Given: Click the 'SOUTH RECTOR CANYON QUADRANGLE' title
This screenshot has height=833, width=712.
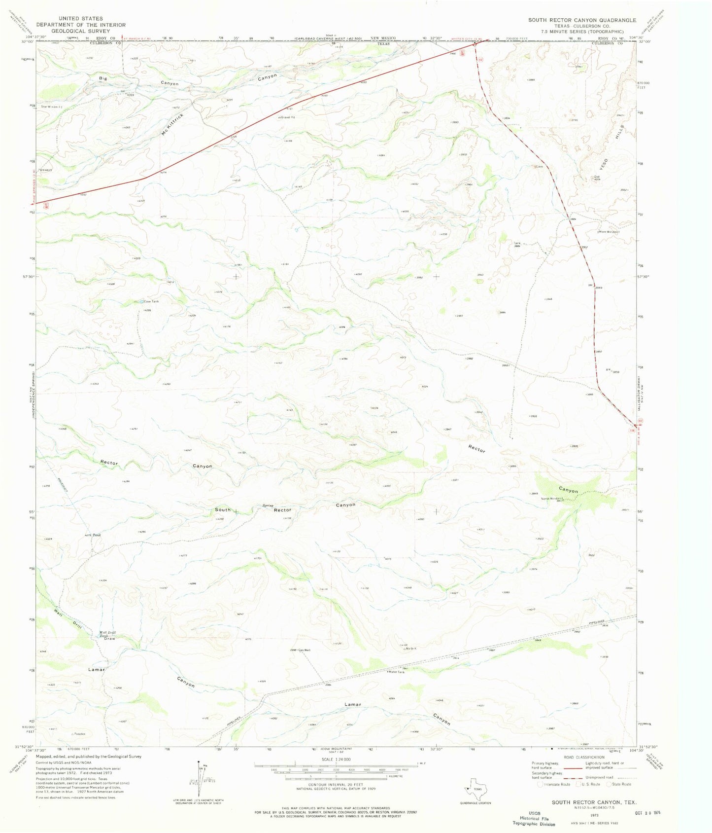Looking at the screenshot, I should coord(582,20).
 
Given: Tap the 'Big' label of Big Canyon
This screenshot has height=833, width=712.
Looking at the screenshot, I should coord(102,78).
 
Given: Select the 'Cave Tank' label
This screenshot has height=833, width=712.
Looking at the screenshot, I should coord(151,301).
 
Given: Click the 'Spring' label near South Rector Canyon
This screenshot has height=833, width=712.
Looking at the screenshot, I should coord(268,506).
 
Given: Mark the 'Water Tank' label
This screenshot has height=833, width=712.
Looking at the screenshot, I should coord(397,672).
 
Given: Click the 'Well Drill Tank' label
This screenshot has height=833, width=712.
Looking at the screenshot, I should coord(108,634).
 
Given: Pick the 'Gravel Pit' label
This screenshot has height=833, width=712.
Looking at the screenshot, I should coord(287,117).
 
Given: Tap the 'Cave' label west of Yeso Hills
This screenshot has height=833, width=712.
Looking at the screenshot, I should coord(539,167).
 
